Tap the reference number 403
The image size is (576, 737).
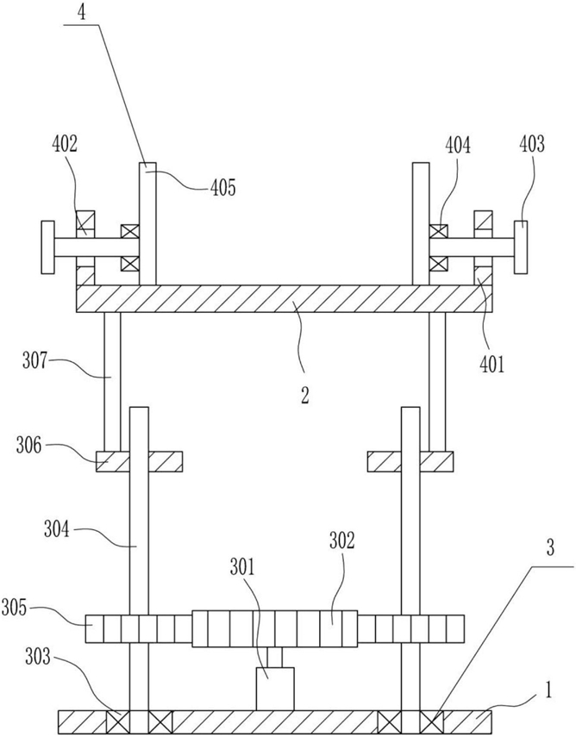532,144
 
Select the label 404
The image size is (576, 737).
458,147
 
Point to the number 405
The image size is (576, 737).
222,188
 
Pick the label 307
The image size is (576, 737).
34,363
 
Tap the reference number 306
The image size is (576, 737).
28,446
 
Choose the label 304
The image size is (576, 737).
57,531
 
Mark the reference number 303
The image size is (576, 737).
38,657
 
